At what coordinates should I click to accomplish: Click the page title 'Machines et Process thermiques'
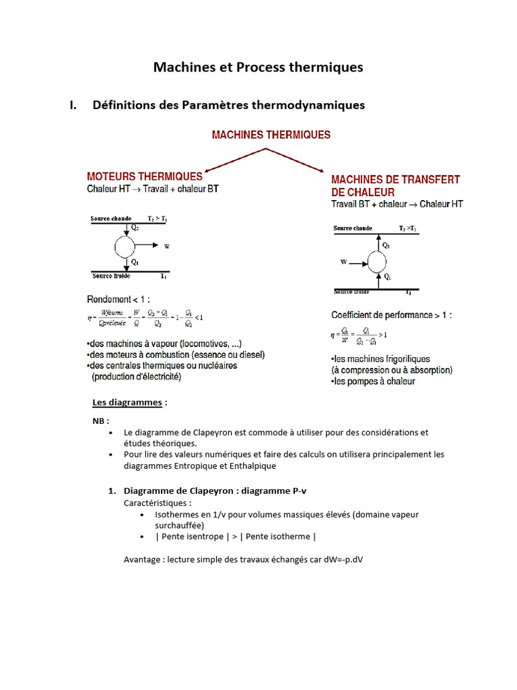click(x=258, y=67)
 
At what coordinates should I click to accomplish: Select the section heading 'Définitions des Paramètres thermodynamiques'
click(x=228, y=105)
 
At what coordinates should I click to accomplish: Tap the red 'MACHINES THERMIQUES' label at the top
click(x=271, y=135)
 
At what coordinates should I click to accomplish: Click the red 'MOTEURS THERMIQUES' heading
click(x=145, y=177)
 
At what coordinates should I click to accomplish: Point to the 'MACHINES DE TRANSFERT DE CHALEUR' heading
click(x=395, y=185)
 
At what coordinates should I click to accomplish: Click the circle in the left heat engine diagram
click(x=125, y=247)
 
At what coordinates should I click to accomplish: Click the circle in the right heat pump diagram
click(x=377, y=260)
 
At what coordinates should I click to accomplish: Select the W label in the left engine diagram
click(x=167, y=247)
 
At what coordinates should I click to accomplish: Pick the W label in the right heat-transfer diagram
click(x=343, y=261)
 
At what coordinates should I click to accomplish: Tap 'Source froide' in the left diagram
click(x=111, y=276)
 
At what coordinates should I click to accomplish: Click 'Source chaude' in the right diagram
click(x=353, y=228)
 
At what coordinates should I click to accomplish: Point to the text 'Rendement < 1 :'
click(x=119, y=299)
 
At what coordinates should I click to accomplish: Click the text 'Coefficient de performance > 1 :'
click(x=392, y=315)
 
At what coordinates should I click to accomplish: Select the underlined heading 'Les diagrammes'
click(x=127, y=402)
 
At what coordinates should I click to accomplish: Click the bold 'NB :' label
click(x=100, y=420)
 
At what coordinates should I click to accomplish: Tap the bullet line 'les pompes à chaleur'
click(x=373, y=381)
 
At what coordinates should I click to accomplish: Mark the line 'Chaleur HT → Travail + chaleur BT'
click(x=152, y=189)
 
